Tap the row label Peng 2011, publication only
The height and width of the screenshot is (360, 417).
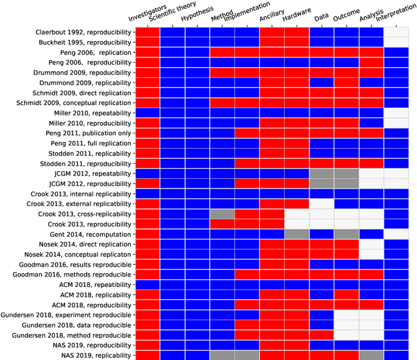click(x=90, y=132)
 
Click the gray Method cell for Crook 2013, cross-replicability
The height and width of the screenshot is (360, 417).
click(x=222, y=213)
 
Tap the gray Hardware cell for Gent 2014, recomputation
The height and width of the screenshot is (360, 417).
click(x=296, y=233)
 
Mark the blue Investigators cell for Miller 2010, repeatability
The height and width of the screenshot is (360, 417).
click(x=147, y=112)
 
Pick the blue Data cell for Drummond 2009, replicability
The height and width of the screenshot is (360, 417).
click(x=321, y=82)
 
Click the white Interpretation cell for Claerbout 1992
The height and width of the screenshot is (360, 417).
click(x=396, y=31)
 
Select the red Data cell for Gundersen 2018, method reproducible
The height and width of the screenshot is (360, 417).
click(x=321, y=335)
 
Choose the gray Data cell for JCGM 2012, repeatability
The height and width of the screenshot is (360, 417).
click(x=321, y=173)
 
